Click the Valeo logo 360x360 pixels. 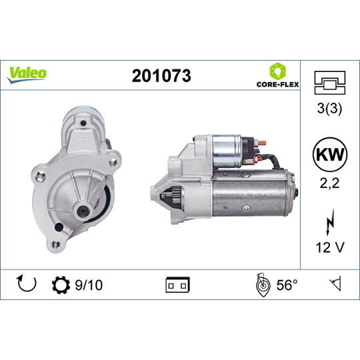[x=27, y=75]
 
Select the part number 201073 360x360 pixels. [x=161, y=76]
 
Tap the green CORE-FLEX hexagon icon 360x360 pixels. [x=278, y=71]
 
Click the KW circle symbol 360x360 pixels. [x=330, y=155]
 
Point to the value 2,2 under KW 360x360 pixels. [x=330, y=183]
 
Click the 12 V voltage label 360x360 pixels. [x=330, y=247]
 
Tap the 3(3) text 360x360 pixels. [x=329, y=108]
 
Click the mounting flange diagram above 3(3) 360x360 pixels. [x=330, y=83]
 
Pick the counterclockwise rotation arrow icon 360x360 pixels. [x=27, y=284]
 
